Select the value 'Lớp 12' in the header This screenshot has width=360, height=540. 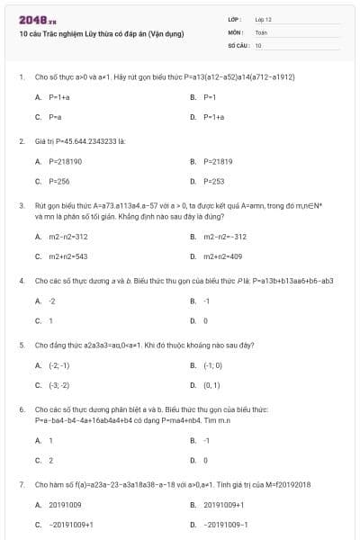263,18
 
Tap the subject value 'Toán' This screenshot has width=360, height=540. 261,31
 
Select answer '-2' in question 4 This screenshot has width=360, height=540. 52,301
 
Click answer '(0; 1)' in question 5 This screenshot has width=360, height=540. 211,385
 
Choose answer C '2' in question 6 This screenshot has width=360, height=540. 50,460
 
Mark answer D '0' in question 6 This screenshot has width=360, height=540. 205,460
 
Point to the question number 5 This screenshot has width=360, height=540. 21,345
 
